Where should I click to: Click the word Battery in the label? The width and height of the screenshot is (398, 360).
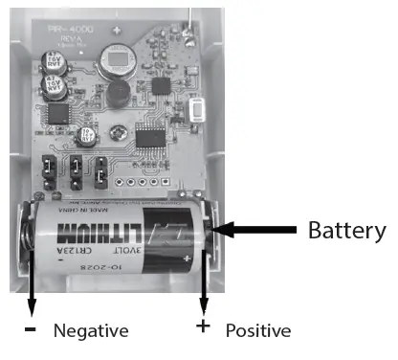pos(346,231)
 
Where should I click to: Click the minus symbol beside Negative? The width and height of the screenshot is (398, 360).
pos(31,328)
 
